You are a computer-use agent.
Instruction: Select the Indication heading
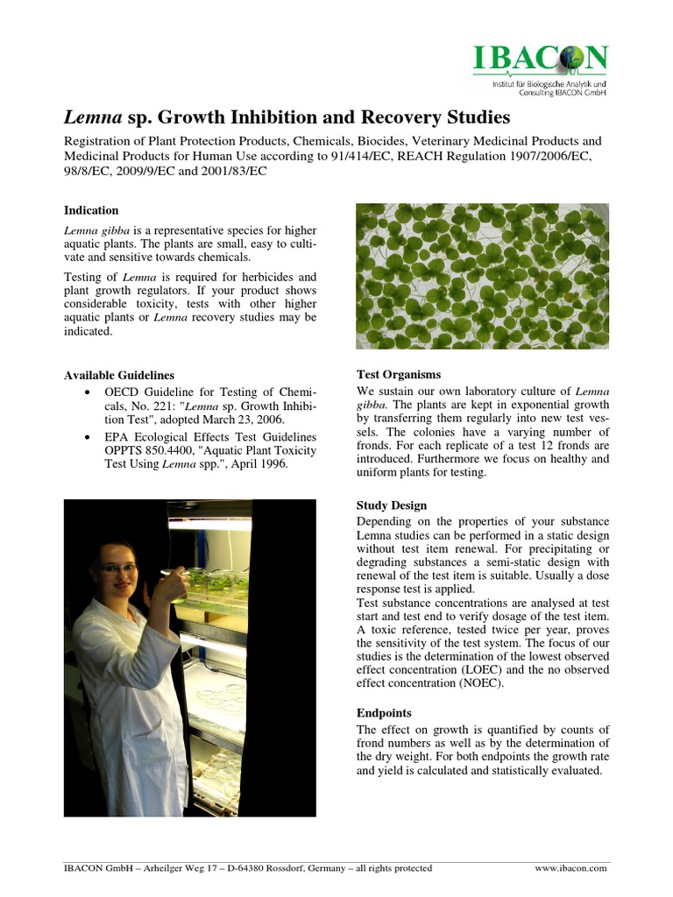[x=91, y=210]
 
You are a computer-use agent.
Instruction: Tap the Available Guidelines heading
[x=118, y=375]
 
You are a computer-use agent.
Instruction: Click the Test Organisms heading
[x=398, y=374]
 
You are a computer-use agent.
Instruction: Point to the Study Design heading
[x=392, y=505]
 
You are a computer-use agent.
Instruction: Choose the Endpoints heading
[x=384, y=713]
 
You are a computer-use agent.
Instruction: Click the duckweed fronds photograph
[x=482, y=276]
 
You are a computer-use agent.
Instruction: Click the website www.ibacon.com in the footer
[x=570, y=868]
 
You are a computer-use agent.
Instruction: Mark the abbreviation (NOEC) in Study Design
[x=477, y=683]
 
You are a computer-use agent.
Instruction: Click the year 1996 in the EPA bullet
[x=269, y=464]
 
